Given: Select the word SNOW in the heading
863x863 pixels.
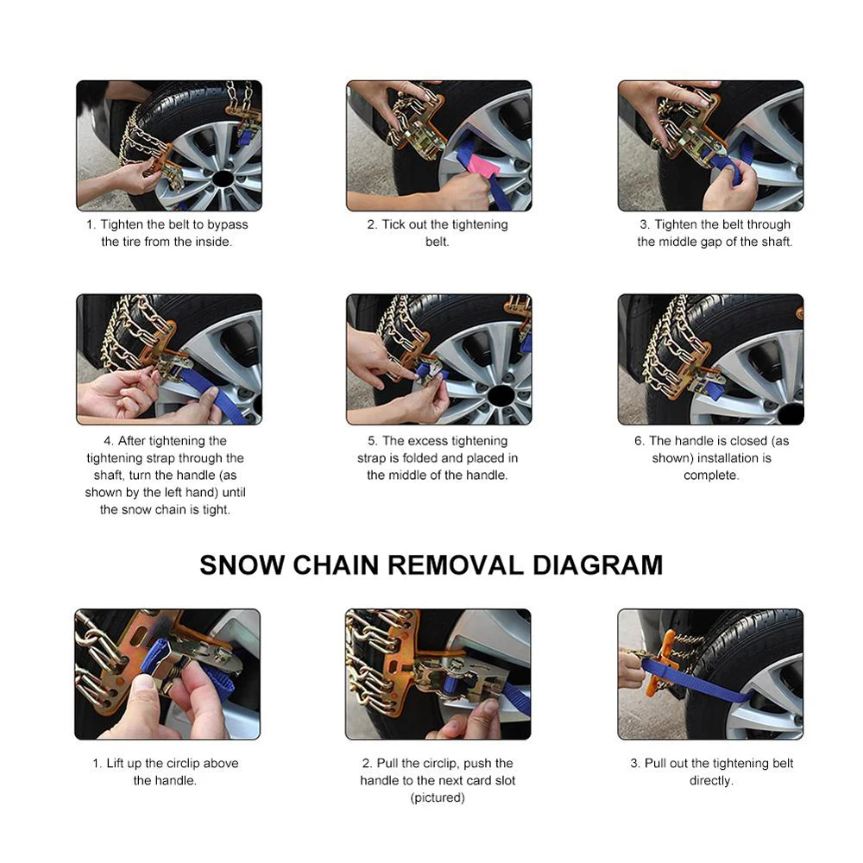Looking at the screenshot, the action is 242,565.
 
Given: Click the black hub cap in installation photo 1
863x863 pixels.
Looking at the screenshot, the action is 222,179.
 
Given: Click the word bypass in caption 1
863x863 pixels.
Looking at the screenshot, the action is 227,224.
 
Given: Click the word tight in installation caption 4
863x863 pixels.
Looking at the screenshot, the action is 216,510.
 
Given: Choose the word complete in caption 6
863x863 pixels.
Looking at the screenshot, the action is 711,475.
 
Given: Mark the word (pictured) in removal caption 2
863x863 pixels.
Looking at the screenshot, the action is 438,797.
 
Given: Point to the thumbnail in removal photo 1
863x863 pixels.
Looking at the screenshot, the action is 144,683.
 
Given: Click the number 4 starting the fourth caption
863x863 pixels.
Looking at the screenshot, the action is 108,441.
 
